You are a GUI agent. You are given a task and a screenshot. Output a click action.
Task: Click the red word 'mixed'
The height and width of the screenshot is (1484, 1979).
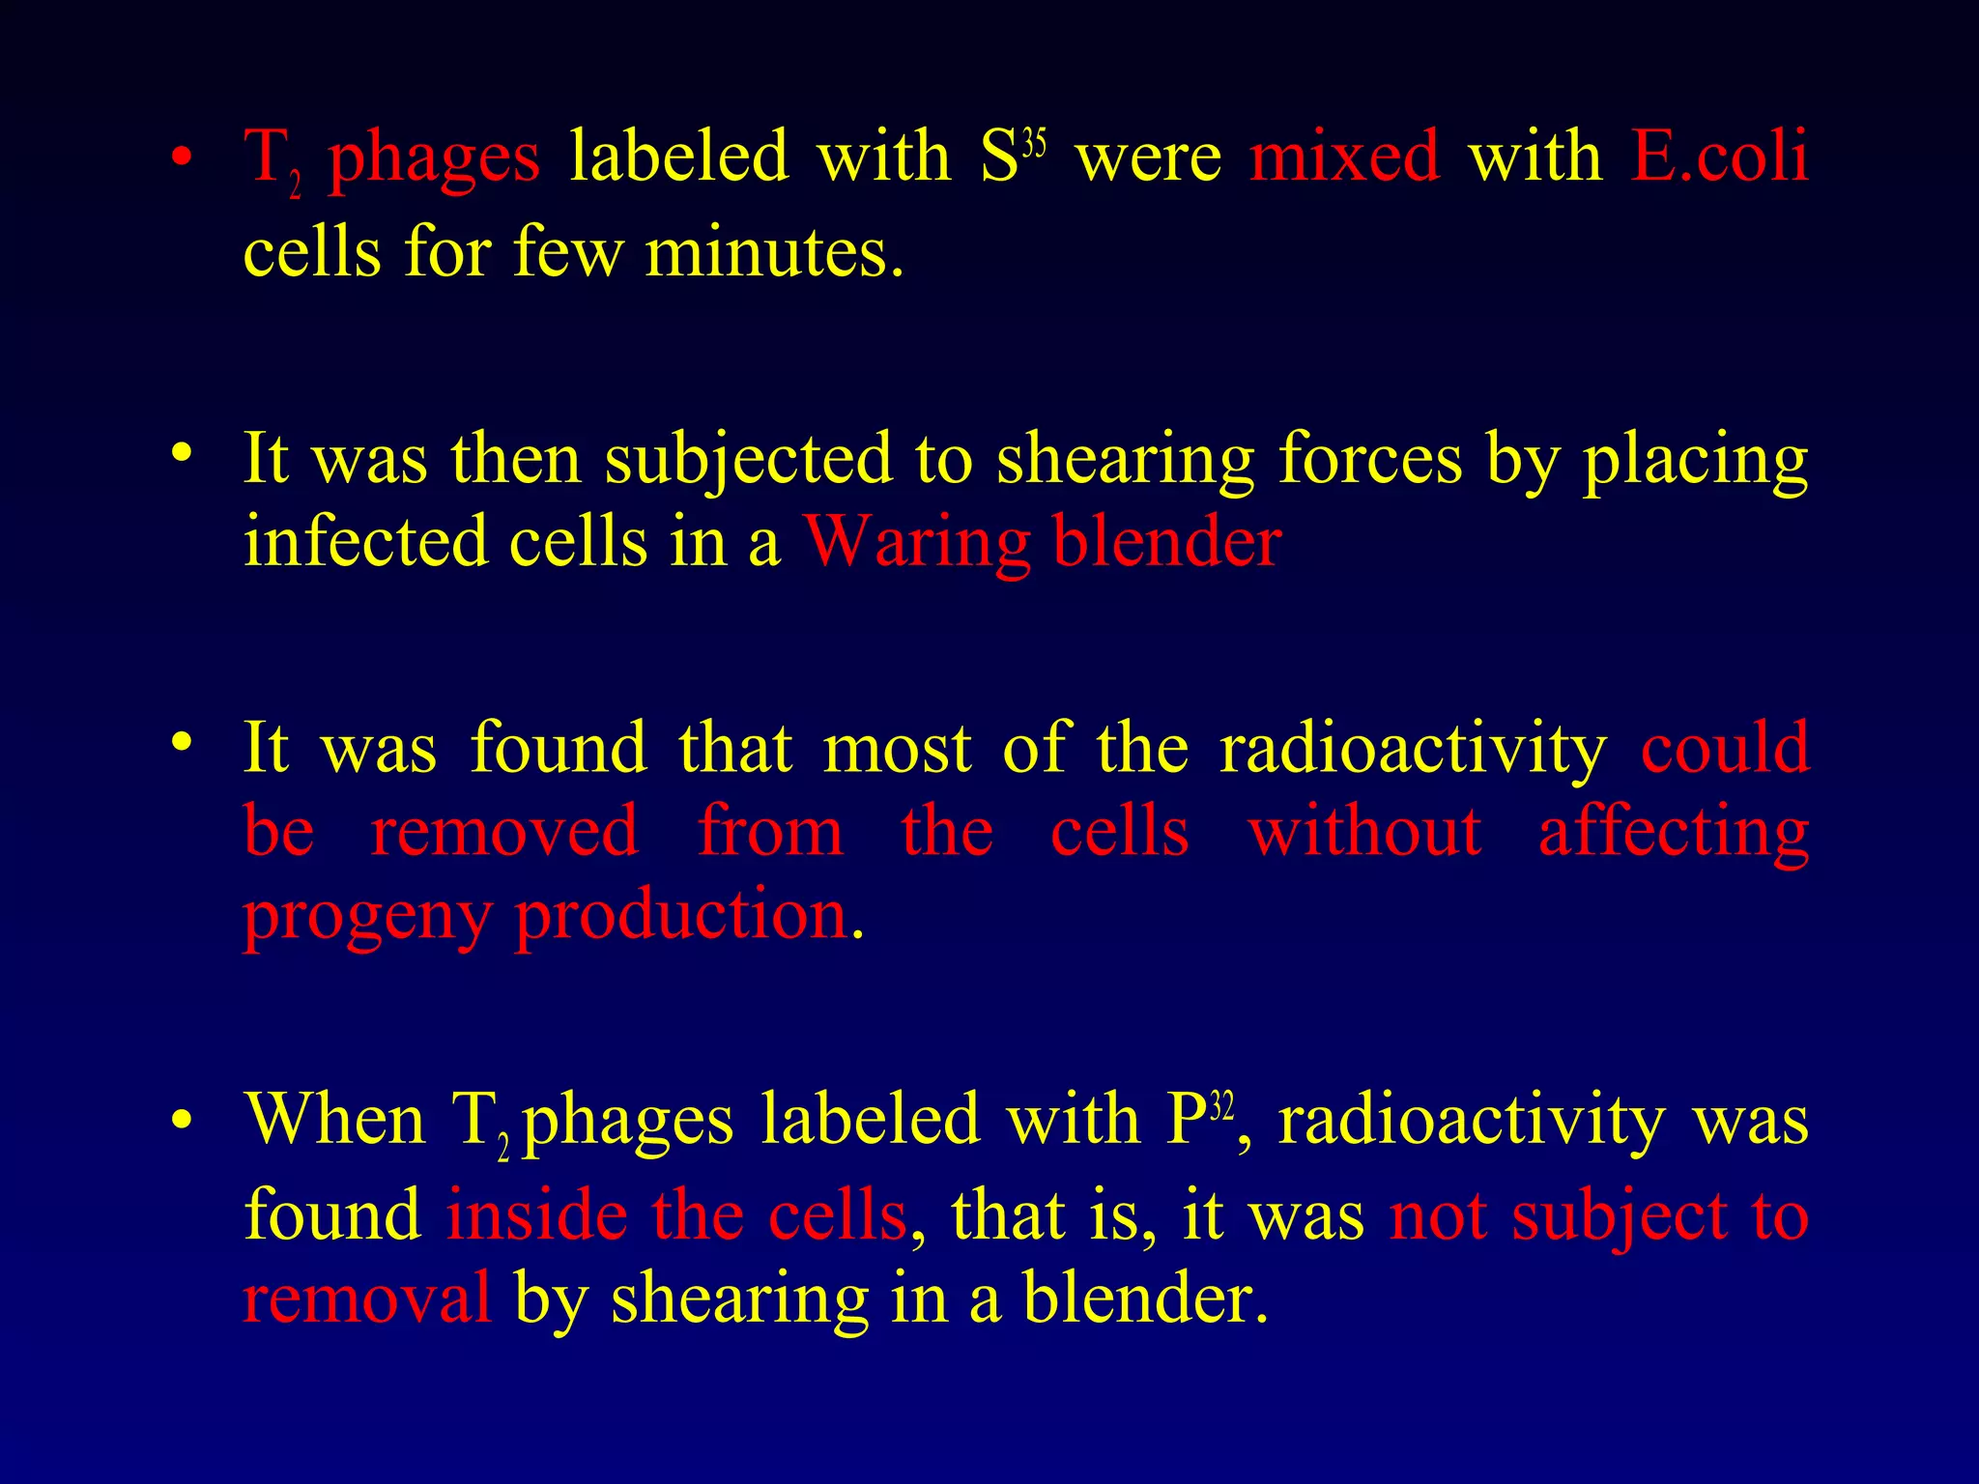(1344, 157)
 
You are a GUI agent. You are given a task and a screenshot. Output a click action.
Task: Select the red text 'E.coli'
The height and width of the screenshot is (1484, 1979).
(1719, 157)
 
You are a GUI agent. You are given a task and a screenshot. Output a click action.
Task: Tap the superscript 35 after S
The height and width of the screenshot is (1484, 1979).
(1034, 146)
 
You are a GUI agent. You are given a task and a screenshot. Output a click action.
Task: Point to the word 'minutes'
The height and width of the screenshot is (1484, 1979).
(774, 253)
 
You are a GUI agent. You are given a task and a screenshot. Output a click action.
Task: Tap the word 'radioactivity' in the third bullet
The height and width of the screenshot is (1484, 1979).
(1413, 750)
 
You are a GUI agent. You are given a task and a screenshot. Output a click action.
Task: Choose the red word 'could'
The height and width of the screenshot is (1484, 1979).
(1725, 748)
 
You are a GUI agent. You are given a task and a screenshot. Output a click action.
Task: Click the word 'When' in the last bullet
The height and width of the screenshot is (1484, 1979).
(334, 1121)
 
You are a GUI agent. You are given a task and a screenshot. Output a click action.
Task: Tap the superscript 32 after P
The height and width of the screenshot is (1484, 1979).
(1222, 1106)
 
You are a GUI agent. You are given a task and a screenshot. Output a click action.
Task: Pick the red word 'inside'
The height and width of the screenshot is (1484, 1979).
(536, 1215)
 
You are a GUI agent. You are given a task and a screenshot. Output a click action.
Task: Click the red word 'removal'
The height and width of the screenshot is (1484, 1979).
(367, 1298)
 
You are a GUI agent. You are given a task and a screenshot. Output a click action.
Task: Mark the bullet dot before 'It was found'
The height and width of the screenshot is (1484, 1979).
(181, 742)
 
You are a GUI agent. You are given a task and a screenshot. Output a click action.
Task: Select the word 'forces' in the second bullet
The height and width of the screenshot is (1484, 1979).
(1370, 460)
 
